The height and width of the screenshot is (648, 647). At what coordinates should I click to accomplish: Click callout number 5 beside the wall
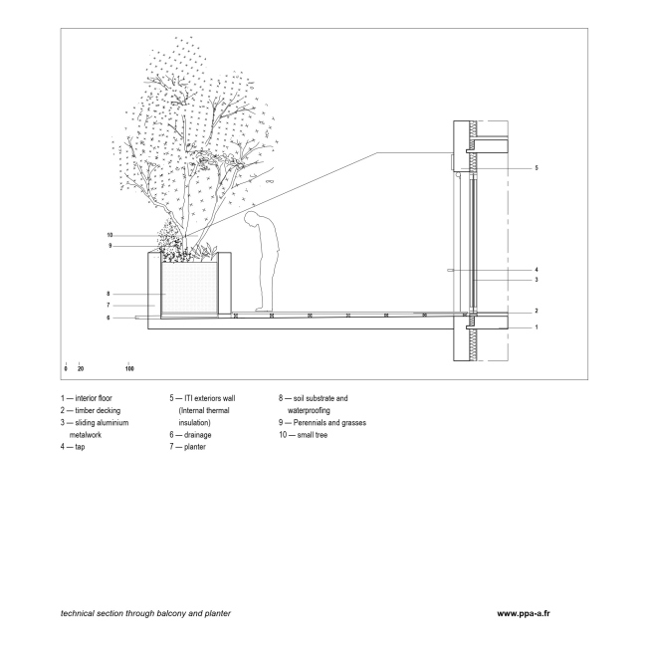(537, 168)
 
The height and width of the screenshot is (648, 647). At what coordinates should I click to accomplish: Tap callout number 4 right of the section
(537, 270)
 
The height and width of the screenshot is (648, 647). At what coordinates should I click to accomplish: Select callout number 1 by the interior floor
(537, 326)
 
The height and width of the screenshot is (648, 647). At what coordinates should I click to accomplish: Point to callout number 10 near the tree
(110, 235)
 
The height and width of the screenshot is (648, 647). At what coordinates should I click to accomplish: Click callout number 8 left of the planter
(107, 294)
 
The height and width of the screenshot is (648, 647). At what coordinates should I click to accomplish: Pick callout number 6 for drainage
(107, 318)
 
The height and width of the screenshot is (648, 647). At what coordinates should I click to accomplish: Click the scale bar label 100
(129, 368)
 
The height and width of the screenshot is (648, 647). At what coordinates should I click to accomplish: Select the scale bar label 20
(81, 368)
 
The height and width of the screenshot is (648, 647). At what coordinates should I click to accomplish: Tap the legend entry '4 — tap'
(73, 447)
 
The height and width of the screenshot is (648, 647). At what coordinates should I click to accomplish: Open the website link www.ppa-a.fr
(524, 613)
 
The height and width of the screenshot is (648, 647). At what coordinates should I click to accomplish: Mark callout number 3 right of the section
(537, 280)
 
